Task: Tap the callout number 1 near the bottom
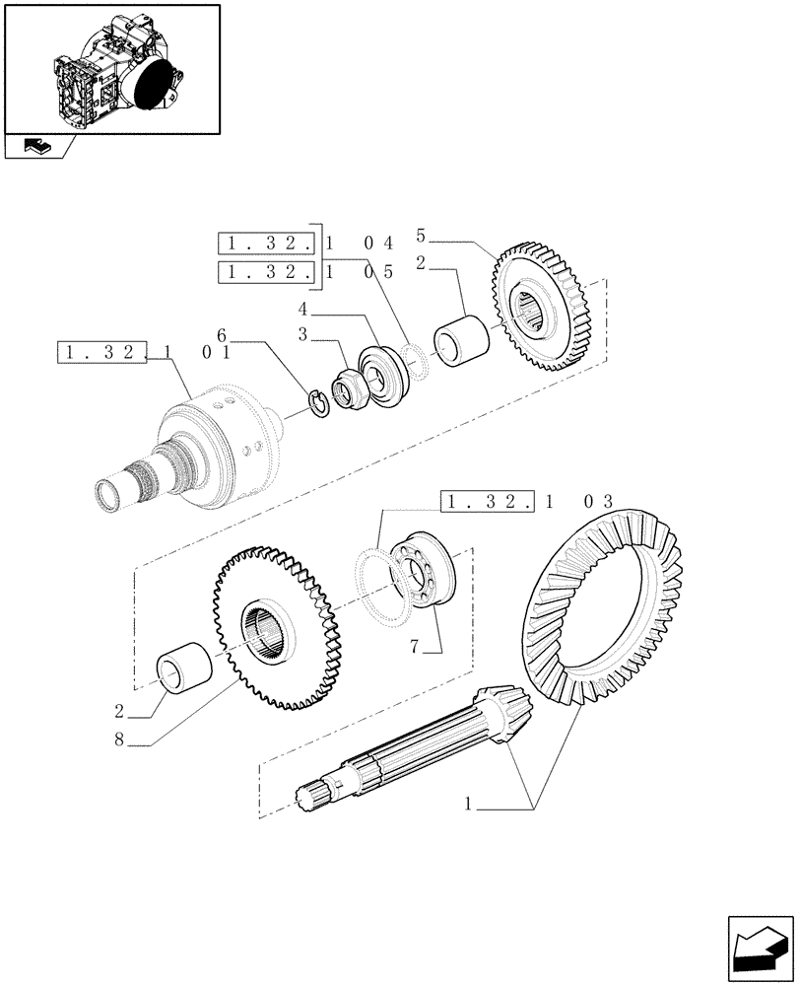coord(470,806)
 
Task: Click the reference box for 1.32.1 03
coord(487,502)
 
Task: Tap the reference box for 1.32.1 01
coord(102,351)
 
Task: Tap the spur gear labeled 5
coord(539,311)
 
